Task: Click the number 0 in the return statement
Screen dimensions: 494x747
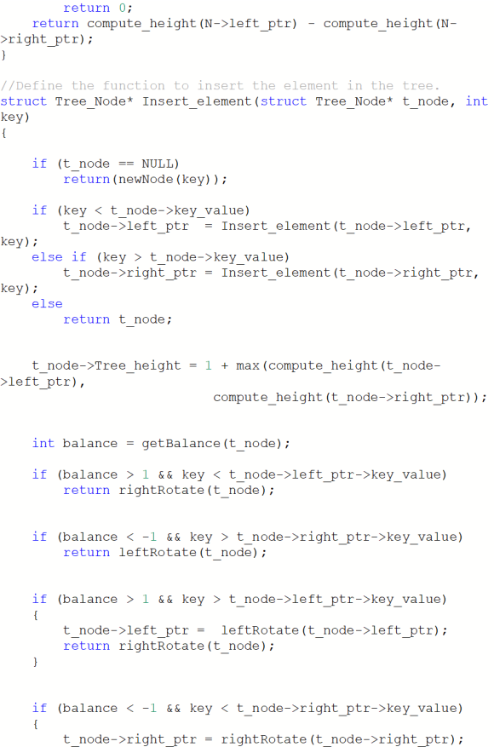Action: [x=123, y=9]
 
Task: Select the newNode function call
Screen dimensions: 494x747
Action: [x=146, y=180]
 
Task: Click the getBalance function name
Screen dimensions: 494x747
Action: [x=181, y=444]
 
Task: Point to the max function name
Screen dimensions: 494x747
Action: [x=248, y=366]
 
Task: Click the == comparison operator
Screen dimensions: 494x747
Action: [x=126, y=164]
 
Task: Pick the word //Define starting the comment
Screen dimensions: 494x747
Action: [x=32, y=86]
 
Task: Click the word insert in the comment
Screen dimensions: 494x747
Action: [x=221, y=86]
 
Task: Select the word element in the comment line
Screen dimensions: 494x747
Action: [x=311, y=86]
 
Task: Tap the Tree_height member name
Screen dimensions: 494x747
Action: [x=138, y=366]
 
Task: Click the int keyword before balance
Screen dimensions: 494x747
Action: [x=43, y=444]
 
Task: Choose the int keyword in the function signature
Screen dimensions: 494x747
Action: [x=476, y=101]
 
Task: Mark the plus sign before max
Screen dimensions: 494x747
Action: [x=224, y=366]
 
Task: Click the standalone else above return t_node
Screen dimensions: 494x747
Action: [x=47, y=304]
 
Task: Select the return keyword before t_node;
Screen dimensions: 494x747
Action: [x=87, y=319]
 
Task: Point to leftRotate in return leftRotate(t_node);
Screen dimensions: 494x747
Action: [x=158, y=553]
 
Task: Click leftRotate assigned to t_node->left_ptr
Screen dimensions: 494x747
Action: [x=260, y=631]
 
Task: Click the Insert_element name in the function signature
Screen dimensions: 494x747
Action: [x=198, y=101]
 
